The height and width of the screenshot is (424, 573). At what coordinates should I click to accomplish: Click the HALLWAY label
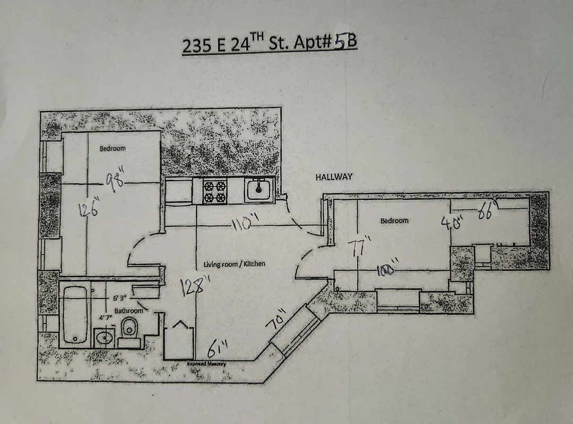pos(334,178)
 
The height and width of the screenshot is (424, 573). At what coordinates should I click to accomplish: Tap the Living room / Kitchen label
pos(235,264)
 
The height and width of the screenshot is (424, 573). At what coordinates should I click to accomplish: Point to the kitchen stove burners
pos(215,192)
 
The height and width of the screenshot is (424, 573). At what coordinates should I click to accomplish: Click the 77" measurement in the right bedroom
pos(359,247)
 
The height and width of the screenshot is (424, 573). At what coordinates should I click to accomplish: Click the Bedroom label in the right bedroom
pos(394,220)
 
